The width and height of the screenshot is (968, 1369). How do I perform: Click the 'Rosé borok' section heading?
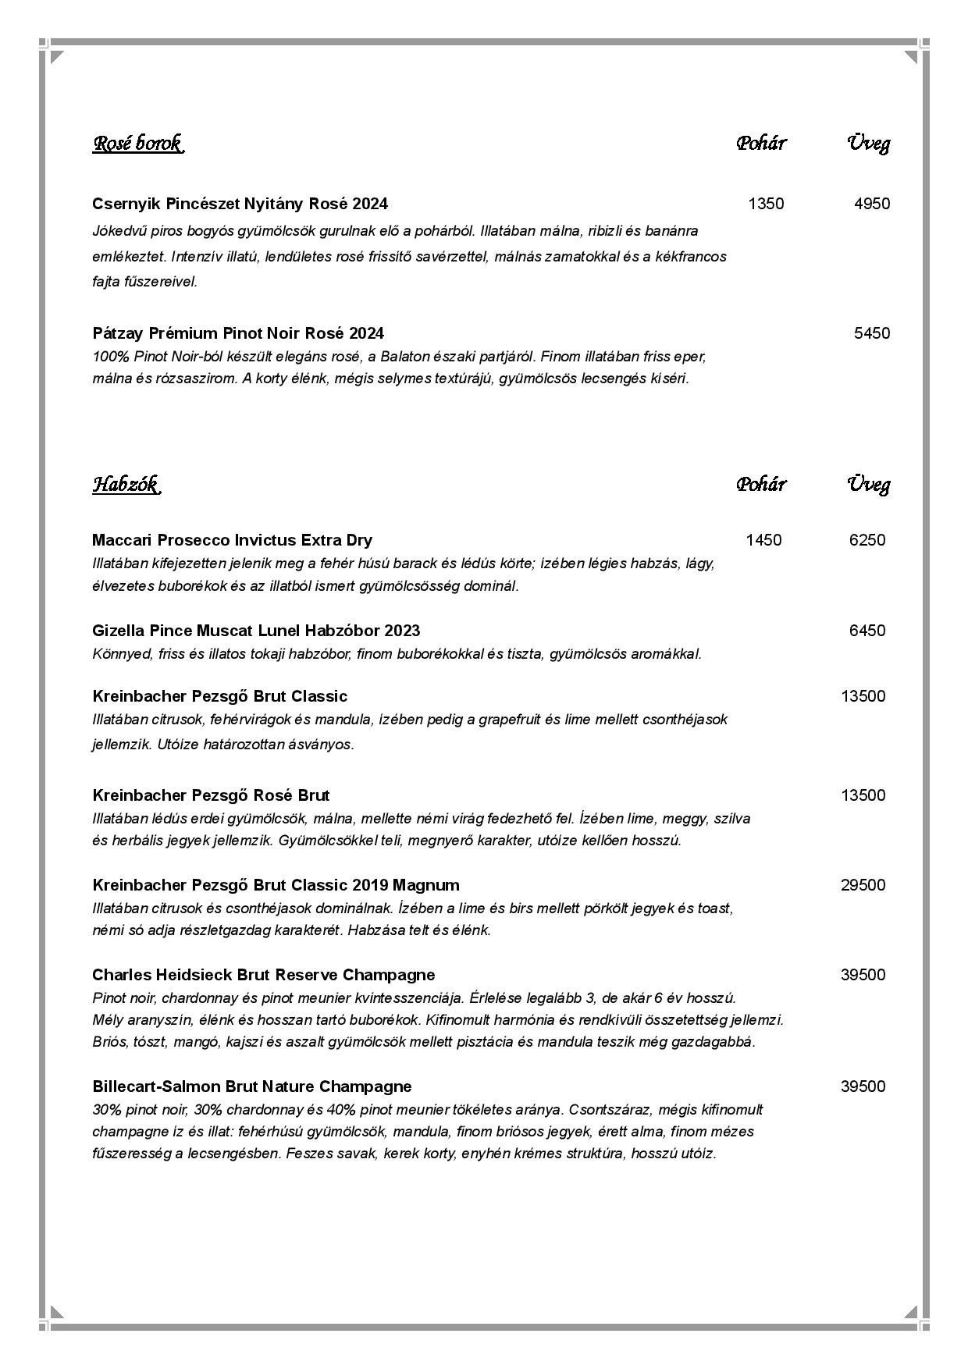[137, 144]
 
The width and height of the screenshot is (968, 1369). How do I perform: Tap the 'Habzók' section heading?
[126, 485]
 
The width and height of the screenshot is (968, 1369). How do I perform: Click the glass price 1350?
[765, 204]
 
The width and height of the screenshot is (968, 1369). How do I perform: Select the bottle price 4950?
[871, 204]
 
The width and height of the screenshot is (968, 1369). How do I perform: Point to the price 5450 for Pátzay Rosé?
[871, 333]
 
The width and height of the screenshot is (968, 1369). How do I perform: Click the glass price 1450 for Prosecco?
[763, 540]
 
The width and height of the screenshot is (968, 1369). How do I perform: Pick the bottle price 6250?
[867, 540]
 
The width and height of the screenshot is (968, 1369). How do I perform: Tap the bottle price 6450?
[867, 631]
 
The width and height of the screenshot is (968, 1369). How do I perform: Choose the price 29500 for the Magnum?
[863, 885]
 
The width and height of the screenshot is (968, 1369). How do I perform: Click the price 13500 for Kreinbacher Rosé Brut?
[863, 795]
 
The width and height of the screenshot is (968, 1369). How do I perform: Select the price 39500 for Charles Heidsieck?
[863, 975]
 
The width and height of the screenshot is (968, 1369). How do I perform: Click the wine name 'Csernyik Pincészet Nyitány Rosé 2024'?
[240, 204]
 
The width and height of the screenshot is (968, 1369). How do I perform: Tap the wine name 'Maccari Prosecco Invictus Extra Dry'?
[232, 540]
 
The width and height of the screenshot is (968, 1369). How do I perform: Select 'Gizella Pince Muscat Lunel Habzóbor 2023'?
[256, 631]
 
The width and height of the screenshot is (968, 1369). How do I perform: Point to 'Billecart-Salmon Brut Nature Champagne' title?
[251, 1086]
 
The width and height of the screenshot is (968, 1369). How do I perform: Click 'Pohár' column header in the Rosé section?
[760, 144]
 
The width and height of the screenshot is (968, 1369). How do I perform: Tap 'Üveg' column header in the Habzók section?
[868, 485]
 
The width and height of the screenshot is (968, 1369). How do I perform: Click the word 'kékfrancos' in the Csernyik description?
[692, 257]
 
